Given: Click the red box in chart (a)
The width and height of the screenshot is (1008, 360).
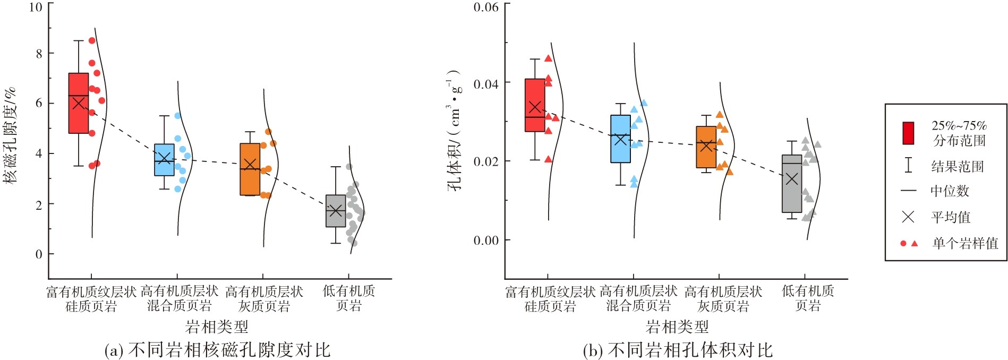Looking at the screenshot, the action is tap(79, 103).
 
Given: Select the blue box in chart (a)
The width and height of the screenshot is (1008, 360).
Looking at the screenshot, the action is tap(165, 159).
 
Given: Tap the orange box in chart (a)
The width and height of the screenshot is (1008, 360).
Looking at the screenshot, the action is tap(250, 169).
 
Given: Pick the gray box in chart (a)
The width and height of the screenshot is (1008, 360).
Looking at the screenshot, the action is tap(336, 211).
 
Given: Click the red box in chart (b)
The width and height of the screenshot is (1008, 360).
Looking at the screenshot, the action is tap(535, 105).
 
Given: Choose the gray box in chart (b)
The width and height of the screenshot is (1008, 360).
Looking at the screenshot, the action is tap(792, 184).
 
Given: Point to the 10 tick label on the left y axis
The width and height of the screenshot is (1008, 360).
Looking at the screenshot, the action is tap(36, 7).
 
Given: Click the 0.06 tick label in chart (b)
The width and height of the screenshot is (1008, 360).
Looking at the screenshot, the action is tap(486, 7).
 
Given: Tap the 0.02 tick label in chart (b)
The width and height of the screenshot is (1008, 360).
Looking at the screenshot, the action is tap(486, 161).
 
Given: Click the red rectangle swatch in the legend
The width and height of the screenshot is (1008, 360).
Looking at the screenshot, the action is tap(908, 133).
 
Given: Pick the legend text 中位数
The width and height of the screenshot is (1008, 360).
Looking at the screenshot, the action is tap(950, 191).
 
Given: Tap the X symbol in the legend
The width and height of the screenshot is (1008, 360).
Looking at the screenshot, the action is tap(908, 217).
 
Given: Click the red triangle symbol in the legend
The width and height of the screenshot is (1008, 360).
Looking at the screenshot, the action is tap(915, 244).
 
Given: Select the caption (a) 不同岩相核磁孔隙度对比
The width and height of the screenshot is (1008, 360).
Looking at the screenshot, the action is tap(217, 350).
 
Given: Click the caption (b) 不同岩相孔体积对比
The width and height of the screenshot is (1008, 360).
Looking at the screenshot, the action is tap(678, 350).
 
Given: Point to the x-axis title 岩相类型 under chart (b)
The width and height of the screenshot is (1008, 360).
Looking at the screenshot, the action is tap(677, 327).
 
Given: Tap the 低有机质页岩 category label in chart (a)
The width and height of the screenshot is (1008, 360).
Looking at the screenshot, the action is tap(349, 298).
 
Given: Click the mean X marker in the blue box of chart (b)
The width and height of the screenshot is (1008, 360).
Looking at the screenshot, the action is tap(620, 139).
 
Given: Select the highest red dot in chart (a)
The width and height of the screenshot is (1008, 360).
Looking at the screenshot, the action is tap(92, 40).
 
